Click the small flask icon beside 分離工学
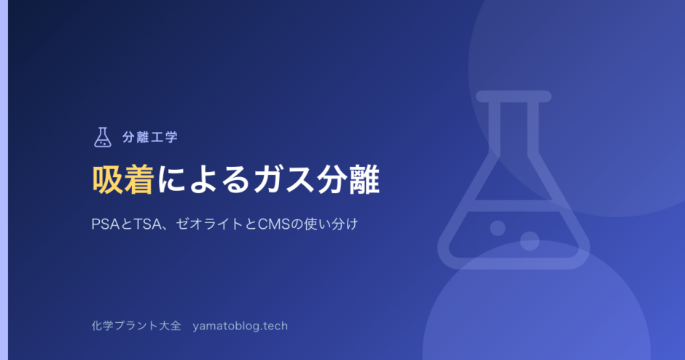coord(103,137)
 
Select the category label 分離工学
coord(150,137)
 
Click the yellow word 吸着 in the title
coord(122,179)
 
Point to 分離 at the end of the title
coord(348,179)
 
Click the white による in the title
coord(203,179)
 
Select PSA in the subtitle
coord(105,224)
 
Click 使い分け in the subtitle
coord(331,224)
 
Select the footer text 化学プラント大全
coord(136,326)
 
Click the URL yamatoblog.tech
coord(240,326)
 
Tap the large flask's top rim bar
coord(514,96)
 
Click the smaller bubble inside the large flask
coord(498,227)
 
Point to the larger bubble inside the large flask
coord(530,240)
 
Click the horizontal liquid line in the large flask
coord(514,206)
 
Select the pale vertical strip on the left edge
coord(4,180)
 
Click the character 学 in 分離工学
coord(171,137)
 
